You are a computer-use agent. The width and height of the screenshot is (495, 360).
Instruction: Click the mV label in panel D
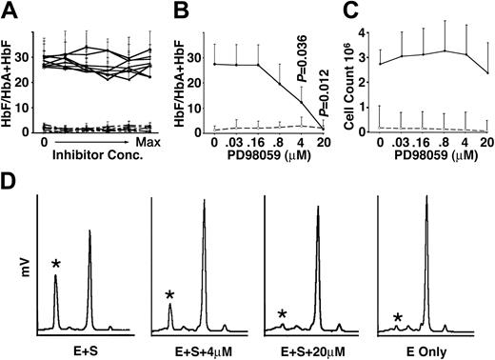pos(21,270)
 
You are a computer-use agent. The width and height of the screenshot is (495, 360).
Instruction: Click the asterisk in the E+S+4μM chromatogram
pos(168,296)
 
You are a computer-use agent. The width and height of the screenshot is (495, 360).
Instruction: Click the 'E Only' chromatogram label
pos(430,350)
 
